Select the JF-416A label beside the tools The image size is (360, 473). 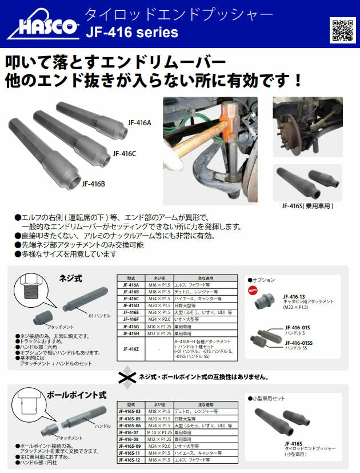pos(140,122)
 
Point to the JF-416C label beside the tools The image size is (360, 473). pos(124,153)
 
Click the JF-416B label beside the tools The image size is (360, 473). pos(93,184)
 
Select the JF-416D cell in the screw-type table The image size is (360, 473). pos(130,305)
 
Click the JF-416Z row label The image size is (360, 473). pos(130,348)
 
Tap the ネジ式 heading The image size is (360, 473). pos(71,279)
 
